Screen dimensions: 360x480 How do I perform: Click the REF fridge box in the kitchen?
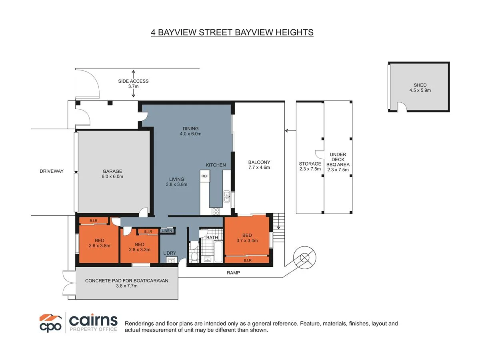(205, 176)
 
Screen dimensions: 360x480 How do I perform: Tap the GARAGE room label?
(112, 171)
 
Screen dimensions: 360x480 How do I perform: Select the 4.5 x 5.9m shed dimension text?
(420, 90)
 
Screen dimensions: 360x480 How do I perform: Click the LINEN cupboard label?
(167, 230)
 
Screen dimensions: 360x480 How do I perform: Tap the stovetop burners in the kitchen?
(216, 212)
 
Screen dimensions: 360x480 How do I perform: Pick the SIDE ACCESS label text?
(133, 81)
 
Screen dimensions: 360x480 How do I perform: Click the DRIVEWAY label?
(52, 171)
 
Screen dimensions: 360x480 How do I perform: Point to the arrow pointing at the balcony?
(290, 130)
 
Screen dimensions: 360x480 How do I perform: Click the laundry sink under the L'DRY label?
(172, 260)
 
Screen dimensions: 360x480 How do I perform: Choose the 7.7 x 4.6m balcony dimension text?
(259, 168)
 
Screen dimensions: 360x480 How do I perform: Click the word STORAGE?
(310, 164)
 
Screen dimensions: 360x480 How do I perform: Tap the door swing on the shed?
(402, 107)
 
